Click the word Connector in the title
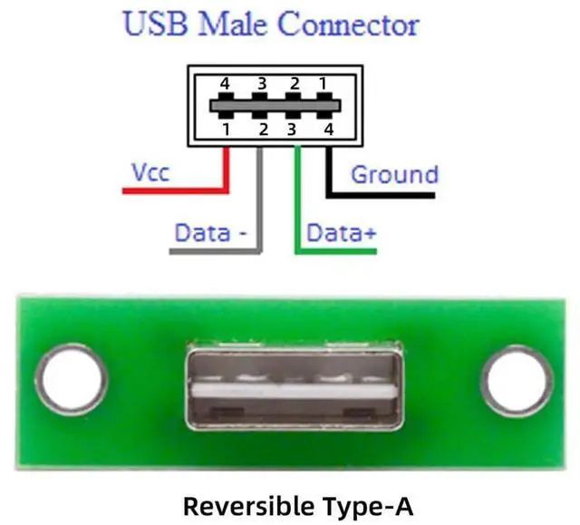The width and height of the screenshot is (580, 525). point(348,24)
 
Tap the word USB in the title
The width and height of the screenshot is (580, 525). point(156,24)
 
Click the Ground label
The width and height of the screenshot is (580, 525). point(394,174)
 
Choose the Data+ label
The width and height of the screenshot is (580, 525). point(341,233)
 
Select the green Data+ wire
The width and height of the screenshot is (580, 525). point(298,209)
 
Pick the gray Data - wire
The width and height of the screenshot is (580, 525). point(260,209)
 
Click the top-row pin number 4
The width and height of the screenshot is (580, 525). point(226,84)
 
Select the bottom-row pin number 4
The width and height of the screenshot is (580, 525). point(329,129)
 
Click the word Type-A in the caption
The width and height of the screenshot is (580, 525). point(358,503)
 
